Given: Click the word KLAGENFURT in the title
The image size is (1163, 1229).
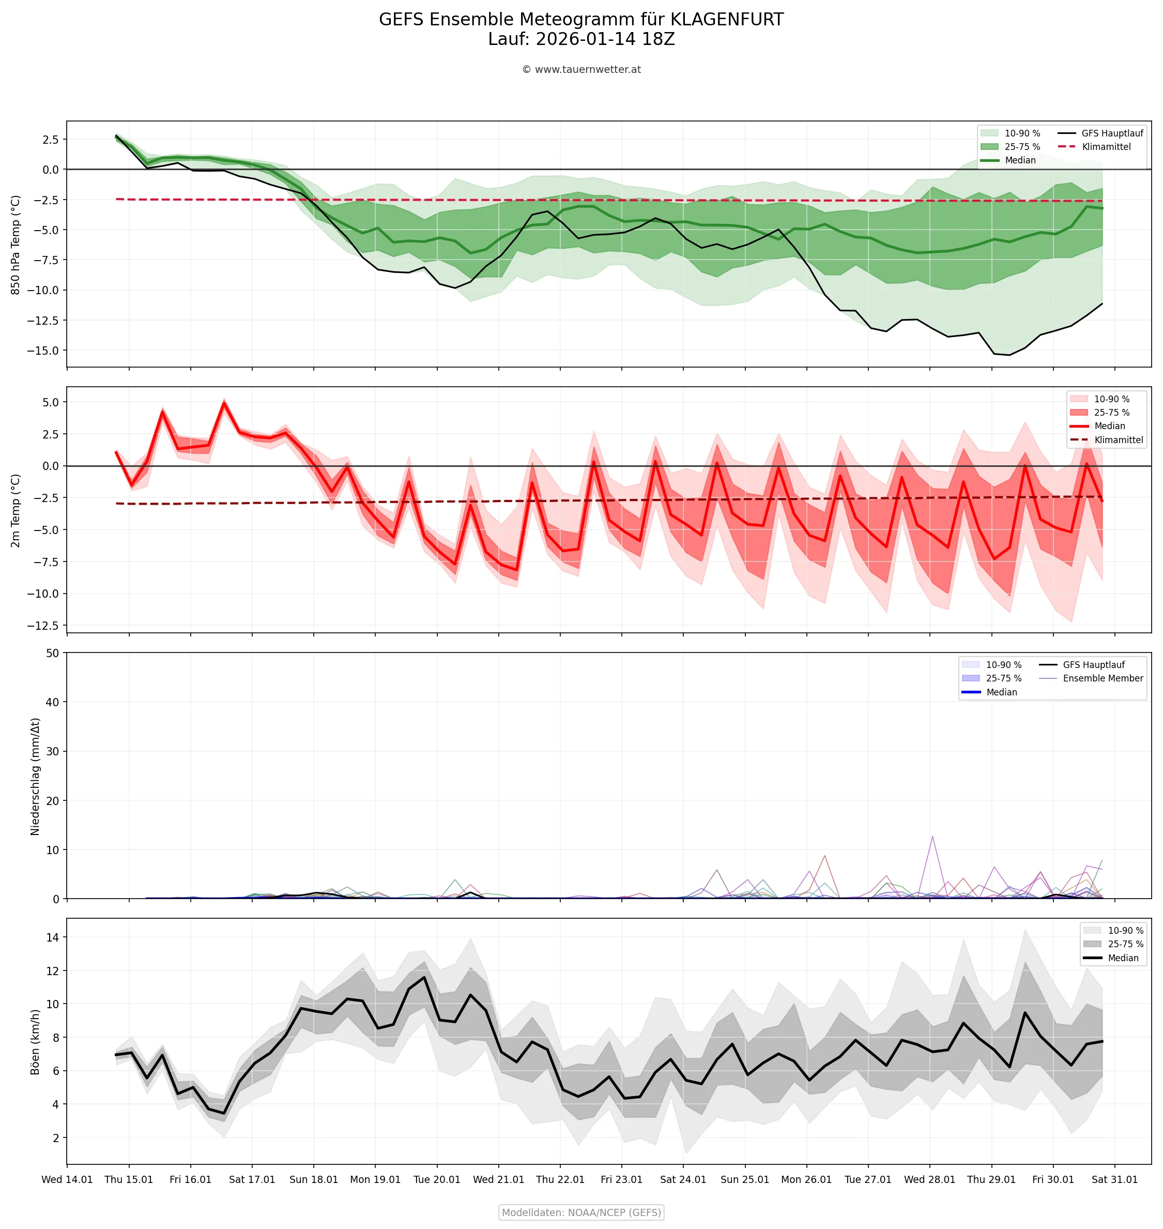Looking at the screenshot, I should click(727, 20).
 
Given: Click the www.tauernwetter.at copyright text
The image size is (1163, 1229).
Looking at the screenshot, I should click(581, 69).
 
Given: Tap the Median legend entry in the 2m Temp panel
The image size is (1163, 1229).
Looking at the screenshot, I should click(1109, 426).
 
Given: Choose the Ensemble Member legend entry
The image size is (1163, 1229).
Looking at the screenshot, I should click(1102, 678).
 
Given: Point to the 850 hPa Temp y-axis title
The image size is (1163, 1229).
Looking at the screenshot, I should click(16, 245).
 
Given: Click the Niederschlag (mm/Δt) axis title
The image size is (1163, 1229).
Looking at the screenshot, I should click(35, 777).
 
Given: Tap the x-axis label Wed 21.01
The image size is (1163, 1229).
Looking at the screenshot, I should click(498, 1179).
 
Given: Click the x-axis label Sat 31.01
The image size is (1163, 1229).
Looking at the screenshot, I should click(1114, 1179).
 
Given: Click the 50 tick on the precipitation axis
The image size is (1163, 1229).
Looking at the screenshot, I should click(52, 653).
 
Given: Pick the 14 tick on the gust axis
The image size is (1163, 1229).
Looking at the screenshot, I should click(52, 937).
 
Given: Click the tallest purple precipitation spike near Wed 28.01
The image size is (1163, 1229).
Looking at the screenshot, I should click(932, 837).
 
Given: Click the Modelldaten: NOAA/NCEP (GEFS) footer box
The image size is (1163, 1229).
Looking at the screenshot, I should click(581, 1212).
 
